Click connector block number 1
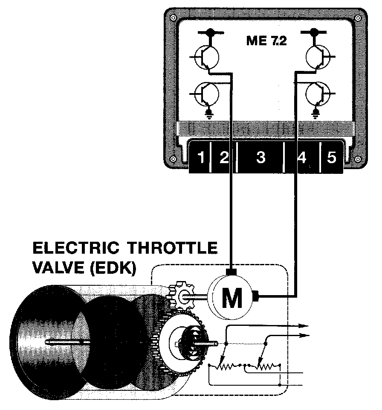201,158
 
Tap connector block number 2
223,158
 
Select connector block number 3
260,158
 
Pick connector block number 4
301,158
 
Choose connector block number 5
331,158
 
